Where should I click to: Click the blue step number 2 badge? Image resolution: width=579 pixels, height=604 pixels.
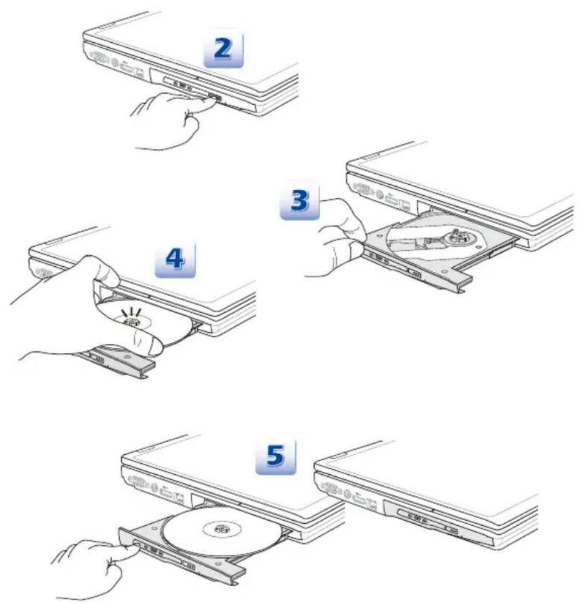tap(223, 49)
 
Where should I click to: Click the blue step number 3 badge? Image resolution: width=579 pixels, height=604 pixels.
tap(300, 200)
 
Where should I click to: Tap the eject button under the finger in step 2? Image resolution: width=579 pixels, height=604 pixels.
tap(214, 97)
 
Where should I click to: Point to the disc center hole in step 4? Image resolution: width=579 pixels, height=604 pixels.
tap(133, 322)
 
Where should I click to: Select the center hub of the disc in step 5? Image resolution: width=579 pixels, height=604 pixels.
tap(222, 529)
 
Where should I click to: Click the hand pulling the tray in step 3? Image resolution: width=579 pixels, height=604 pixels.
tap(339, 239)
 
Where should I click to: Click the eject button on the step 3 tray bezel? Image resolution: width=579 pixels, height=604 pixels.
tap(415, 274)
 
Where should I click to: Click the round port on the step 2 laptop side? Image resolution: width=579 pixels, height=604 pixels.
tap(114, 62)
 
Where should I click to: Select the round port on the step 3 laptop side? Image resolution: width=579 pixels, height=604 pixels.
tap(380, 195)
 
